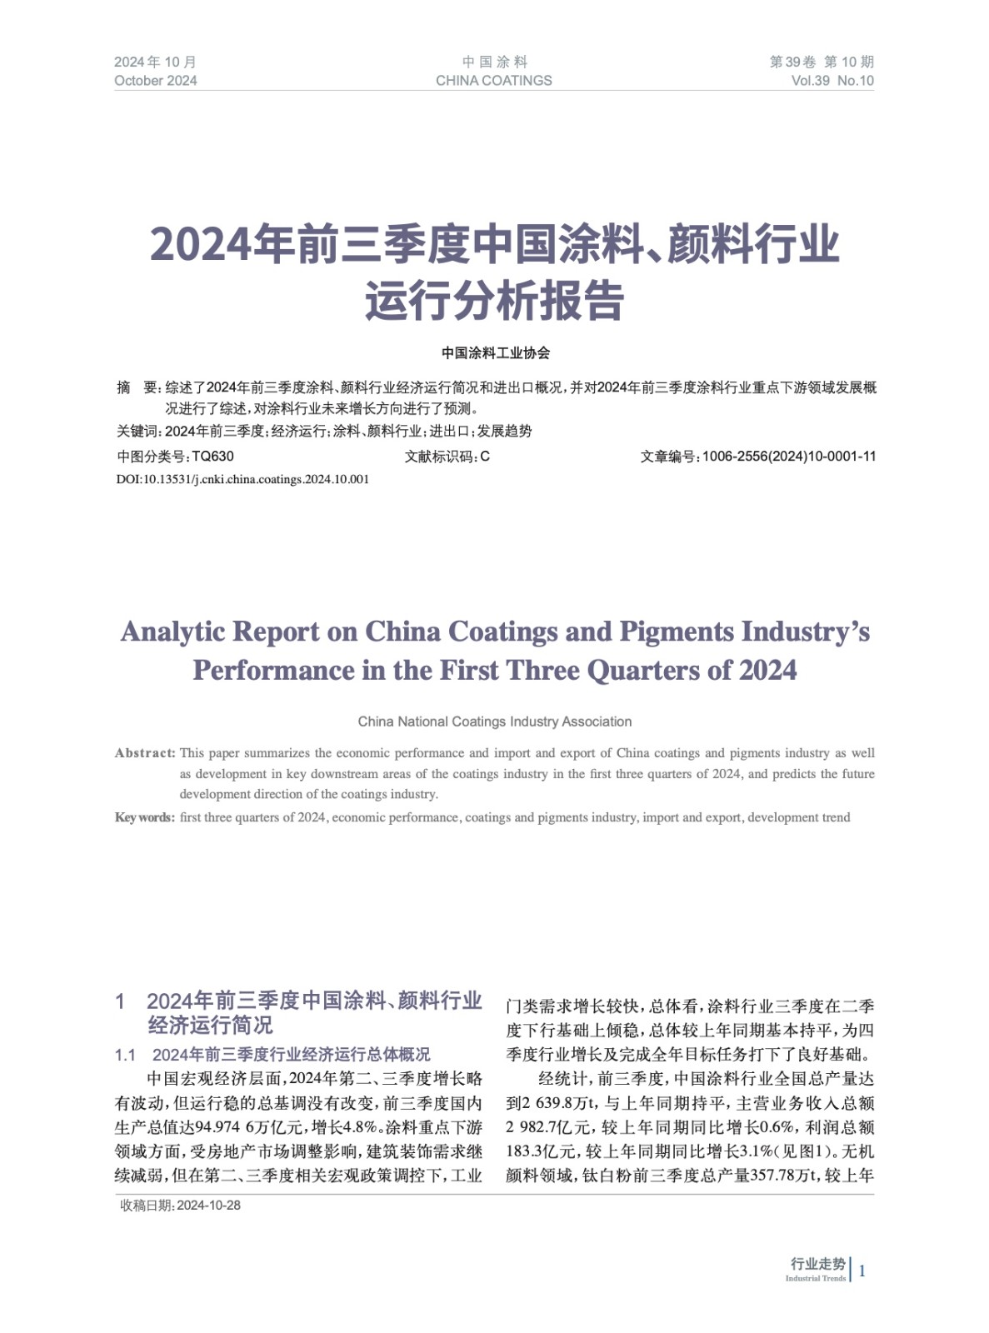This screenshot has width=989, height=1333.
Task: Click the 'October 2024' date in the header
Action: click(x=155, y=81)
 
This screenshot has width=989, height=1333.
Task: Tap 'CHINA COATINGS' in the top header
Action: click(x=493, y=81)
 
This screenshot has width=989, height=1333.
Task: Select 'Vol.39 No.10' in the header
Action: click(x=832, y=81)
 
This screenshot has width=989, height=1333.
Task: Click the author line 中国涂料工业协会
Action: click(x=496, y=353)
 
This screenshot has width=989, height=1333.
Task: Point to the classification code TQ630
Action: click(x=212, y=457)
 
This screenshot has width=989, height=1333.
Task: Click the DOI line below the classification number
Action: click(x=242, y=479)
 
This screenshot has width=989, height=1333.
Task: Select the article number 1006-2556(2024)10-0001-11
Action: click(x=788, y=457)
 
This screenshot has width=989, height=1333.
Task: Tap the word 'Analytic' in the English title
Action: click(x=172, y=632)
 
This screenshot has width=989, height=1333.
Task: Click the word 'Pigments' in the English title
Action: click(x=676, y=632)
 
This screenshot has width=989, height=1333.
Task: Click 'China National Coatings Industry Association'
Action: click(x=495, y=721)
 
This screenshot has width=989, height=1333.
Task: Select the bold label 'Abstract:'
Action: click(x=145, y=753)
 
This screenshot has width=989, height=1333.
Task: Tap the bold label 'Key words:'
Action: click(x=145, y=817)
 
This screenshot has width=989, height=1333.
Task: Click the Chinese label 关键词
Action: click(x=137, y=432)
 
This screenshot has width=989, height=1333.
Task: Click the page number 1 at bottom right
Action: click(x=862, y=1271)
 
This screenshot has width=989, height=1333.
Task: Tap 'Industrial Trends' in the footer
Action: click(x=815, y=1279)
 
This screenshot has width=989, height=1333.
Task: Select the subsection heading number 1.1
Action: click(x=125, y=1056)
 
